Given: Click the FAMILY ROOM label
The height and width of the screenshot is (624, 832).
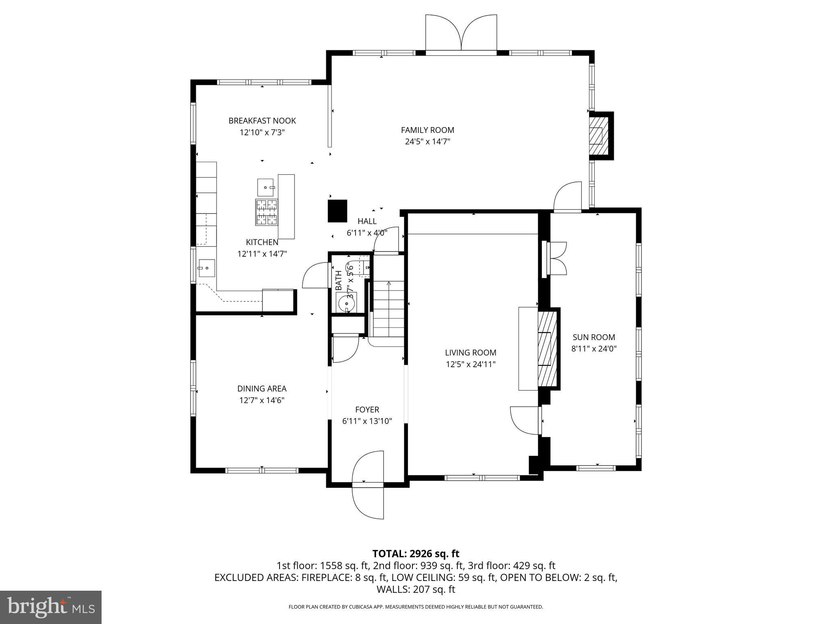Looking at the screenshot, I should [427, 130].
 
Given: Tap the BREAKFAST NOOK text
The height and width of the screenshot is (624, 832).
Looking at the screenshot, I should [262, 121].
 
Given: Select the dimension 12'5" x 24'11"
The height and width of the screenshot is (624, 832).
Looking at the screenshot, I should [470, 364].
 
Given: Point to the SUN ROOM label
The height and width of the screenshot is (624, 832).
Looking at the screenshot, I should [594, 337].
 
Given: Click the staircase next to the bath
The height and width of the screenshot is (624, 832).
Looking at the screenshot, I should [389, 309].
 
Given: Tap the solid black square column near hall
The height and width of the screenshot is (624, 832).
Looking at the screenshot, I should [338, 211].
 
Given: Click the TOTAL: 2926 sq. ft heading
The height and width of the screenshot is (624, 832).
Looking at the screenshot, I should [416, 553].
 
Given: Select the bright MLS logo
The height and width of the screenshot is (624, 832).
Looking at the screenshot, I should [51, 607].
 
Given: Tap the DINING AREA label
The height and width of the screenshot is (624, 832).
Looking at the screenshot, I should [262, 389].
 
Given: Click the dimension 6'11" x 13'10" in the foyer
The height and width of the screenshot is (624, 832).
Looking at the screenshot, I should [367, 421].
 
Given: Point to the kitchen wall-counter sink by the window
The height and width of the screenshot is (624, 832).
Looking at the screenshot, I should [206, 268].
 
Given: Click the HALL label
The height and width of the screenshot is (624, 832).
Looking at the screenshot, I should [367, 221].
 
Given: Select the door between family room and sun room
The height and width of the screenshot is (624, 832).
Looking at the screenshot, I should [568, 197].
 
